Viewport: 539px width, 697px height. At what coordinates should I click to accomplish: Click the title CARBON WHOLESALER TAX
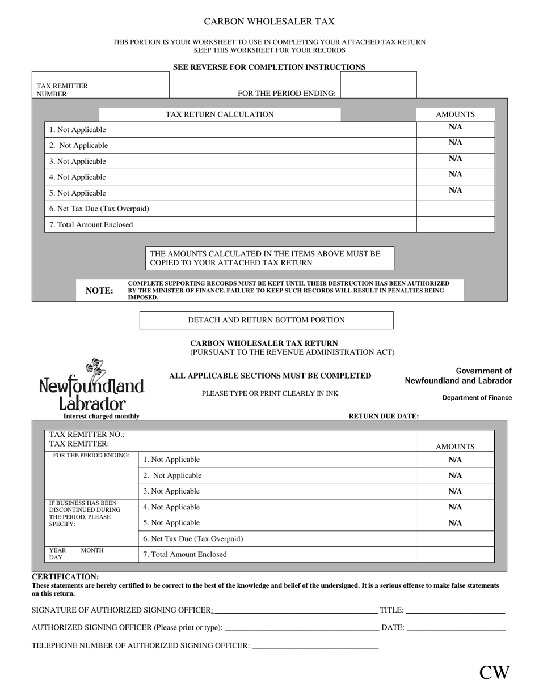click(269, 22)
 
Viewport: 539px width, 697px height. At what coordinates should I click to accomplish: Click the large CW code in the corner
click(494, 673)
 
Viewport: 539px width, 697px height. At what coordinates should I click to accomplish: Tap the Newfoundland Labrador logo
click(91, 385)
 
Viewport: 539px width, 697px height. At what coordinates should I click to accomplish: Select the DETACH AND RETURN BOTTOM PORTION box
click(266, 320)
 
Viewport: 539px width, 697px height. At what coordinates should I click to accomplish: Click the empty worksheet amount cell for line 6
click(455, 209)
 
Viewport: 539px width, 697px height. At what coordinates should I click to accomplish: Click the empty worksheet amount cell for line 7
click(455, 224)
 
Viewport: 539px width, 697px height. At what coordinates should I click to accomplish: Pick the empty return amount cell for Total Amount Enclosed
click(455, 554)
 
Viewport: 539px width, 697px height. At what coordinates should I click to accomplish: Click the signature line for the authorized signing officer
click(295, 611)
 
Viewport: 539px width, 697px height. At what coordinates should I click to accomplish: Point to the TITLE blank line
click(455, 611)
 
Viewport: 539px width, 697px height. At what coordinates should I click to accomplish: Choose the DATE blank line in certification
click(456, 628)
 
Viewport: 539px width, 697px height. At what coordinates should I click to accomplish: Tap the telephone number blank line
click(315, 645)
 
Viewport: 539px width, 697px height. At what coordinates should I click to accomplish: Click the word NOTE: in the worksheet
click(99, 291)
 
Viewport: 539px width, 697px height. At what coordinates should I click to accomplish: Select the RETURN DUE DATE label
click(384, 416)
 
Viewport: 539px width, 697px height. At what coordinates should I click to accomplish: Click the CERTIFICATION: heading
click(65, 577)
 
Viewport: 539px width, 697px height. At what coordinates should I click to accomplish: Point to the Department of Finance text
click(477, 398)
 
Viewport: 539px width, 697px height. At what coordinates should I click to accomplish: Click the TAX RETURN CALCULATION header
click(220, 114)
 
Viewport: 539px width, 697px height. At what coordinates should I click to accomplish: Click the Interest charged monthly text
click(101, 416)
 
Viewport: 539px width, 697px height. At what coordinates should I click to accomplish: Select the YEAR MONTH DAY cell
click(91, 554)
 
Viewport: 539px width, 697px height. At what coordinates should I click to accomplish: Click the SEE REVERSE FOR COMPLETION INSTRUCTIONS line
click(269, 67)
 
